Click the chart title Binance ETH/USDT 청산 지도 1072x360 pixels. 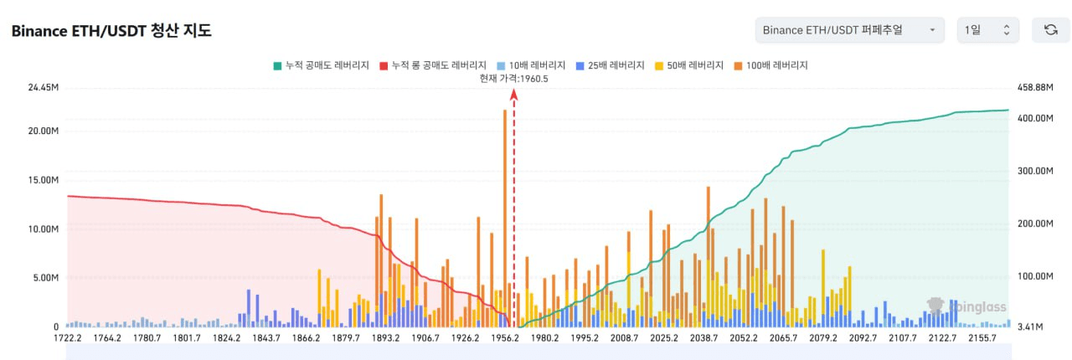coord(111,31)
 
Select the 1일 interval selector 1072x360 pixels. coord(988,30)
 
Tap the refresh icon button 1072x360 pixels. coord(1050,30)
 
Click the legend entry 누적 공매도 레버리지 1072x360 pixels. coord(322,64)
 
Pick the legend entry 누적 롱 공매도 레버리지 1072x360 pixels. coord(433,64)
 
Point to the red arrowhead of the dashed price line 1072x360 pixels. coord(514,94)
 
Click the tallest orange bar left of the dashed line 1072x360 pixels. coord(504,209)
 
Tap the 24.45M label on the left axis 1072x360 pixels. coord(44,87)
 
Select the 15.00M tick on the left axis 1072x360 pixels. coord(44,180)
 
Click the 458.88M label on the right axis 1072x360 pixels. coord(1033,87)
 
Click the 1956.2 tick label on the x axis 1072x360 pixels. coord(505,338)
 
